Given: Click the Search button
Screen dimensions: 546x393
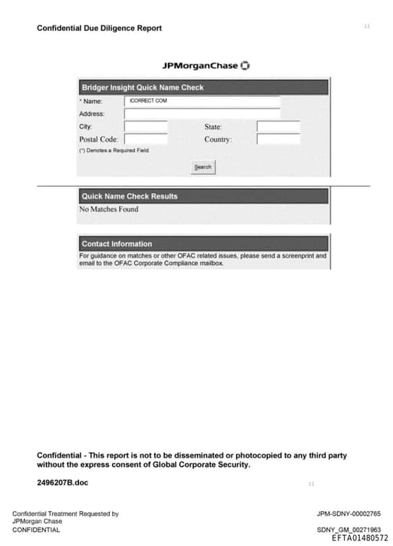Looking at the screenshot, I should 203,167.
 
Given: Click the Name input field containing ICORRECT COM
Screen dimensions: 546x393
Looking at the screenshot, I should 202,101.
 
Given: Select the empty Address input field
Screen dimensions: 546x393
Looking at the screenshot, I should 202,114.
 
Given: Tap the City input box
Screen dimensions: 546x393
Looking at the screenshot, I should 146,127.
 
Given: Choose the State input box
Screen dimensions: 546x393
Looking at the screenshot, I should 278,127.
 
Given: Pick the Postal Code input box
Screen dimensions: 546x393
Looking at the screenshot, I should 146,139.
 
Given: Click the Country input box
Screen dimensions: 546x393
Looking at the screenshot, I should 278,139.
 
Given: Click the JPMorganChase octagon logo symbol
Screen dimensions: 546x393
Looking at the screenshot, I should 245,65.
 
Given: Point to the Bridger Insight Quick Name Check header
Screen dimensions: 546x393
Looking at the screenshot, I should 143,88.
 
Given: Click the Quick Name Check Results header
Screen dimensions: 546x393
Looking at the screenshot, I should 129,196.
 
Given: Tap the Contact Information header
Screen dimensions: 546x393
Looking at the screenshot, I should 117,244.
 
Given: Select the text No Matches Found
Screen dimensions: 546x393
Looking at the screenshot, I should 109,209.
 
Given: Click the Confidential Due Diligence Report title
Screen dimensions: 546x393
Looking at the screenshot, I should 99,28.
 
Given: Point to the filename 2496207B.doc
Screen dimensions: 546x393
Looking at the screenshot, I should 63,482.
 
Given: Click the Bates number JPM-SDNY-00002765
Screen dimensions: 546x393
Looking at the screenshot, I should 348,514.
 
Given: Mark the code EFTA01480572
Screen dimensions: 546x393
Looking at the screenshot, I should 360,538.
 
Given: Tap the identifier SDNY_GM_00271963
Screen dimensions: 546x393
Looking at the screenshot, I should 348,530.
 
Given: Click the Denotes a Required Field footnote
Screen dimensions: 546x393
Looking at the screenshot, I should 114,151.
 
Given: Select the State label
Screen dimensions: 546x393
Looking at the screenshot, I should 213,127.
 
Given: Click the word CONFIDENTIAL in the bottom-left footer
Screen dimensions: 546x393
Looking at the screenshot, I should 36,530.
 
